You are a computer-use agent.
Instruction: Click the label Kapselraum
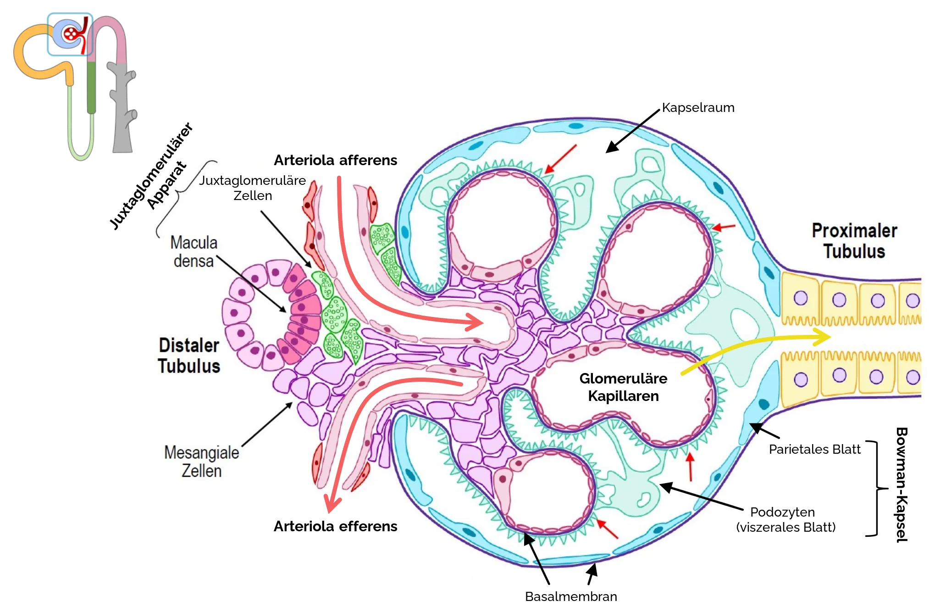pos(698,108)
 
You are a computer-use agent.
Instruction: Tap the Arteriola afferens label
pos(335,160)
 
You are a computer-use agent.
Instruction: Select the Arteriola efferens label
pos(335,526)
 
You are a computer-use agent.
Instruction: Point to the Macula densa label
pos(194,251)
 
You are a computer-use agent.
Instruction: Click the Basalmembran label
pos(571,596)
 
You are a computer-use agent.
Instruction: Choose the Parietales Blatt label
pos(814,449)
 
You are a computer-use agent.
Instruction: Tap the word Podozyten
pos(782,512)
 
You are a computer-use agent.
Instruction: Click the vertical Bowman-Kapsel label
pos(901,485)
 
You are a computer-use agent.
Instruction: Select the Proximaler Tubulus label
pos(854,241)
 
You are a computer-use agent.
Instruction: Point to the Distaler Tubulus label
pos(189,356)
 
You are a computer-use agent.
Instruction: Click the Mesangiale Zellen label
pos(202,462)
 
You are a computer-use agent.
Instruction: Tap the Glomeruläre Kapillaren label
pos(623,387)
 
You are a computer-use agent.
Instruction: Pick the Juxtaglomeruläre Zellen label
pos(252,188)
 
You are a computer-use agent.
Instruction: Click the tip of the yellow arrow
pos(830,337)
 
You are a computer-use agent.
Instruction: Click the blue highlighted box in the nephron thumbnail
pos(70,34)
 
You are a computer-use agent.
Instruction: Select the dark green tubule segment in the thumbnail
pos(91,87)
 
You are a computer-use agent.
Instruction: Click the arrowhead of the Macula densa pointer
pos(285,312)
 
